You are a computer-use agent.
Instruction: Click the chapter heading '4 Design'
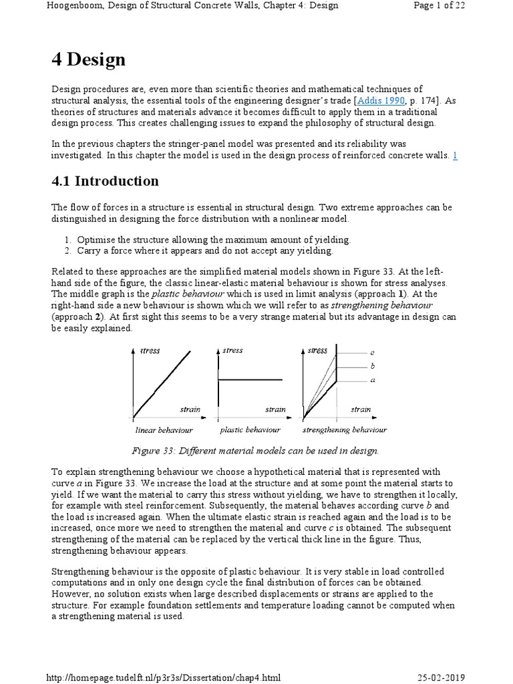click(88, 60)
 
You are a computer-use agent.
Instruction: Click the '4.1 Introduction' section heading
click(105, 181)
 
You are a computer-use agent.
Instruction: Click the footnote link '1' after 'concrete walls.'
click(455, 155)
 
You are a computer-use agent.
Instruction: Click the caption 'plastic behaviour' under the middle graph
click(250, 430)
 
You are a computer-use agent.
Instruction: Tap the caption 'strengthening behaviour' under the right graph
click(343, 430)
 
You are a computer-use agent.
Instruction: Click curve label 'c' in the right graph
click(372, 351)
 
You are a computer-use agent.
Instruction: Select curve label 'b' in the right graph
click(372, 366)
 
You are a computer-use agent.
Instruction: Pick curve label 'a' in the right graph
click(372, 380)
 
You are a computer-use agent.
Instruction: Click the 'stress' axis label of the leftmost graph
click(150, 351)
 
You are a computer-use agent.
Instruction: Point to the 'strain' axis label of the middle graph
click(275, 409)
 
